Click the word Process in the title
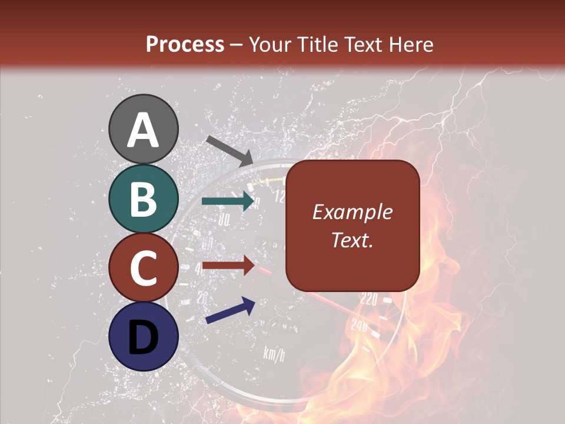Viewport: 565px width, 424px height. click(185, 44)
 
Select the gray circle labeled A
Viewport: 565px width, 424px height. click(144, 129)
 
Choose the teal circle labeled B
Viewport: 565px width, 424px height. click(144, 198)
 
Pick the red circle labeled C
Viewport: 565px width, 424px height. click(144, 268)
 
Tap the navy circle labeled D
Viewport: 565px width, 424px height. click(144, 337)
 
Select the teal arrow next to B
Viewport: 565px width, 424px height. click(227, 201)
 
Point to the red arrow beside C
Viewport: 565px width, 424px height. click(227, 266)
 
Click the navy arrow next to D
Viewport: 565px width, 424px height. click(230, 310)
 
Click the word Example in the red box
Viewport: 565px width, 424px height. click(352, 212)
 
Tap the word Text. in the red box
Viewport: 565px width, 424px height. click(352, 240)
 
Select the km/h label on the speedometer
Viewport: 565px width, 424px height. click(274, 353)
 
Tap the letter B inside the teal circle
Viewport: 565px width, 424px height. click(144, 199)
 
